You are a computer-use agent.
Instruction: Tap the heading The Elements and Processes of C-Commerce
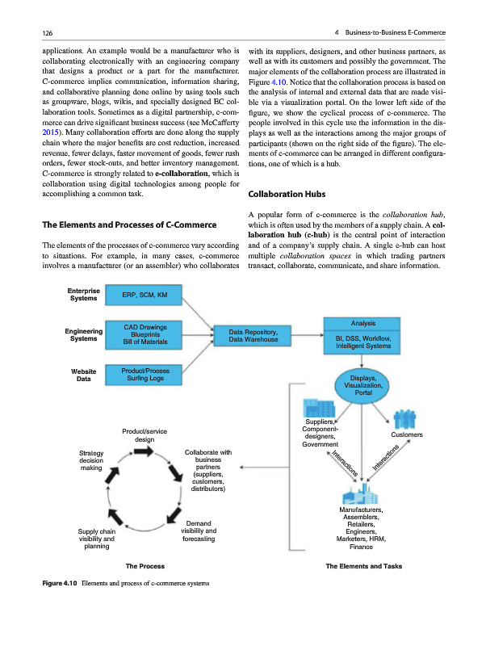click(x=128, y=224)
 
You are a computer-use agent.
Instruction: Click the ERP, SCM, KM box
click(x=146, y=296)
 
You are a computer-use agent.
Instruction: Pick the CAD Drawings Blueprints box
click(x=146, y=334)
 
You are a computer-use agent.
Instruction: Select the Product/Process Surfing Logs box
click(x=146, y=375)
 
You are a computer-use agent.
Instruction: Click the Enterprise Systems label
click(x=84, y=295)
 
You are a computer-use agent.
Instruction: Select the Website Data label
click(x=84, y=375)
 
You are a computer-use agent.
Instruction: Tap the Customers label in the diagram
click(x=407, y=435)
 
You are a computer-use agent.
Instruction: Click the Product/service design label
click(x=145, y=435)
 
